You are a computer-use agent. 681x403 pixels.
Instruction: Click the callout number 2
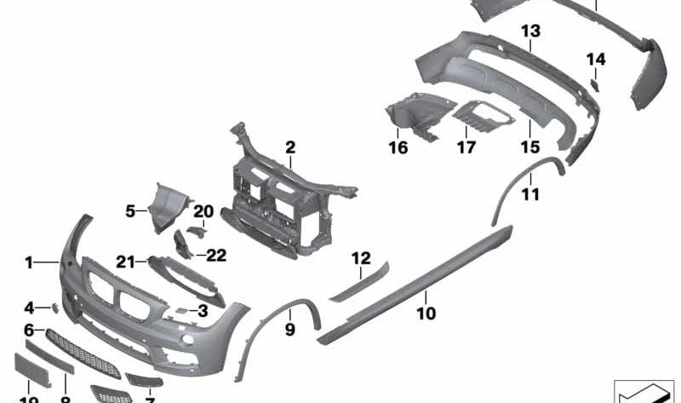point(290,147)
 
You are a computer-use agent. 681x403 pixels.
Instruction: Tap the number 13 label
point(530,31)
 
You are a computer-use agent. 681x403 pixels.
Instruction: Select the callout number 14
point(596,59)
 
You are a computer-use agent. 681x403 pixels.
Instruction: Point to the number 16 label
point(398,148)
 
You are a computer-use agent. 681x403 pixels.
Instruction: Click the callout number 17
point(466,148)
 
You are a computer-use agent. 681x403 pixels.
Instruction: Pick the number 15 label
point(530,147)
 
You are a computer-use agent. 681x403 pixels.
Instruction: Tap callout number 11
point(530,195)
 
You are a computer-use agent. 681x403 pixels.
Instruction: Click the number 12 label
point(361,257)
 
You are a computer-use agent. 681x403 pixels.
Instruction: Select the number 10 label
point(426,314)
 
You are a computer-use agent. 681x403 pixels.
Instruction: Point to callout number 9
point(289,328)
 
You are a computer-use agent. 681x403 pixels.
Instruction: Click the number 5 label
point(130,210)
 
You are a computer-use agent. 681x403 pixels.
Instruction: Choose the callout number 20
point(202,211)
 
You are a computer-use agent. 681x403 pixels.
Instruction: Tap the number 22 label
point(216,254)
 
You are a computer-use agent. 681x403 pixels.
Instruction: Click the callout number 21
point(126,262)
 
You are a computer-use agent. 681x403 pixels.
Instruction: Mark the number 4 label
point(29,308)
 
